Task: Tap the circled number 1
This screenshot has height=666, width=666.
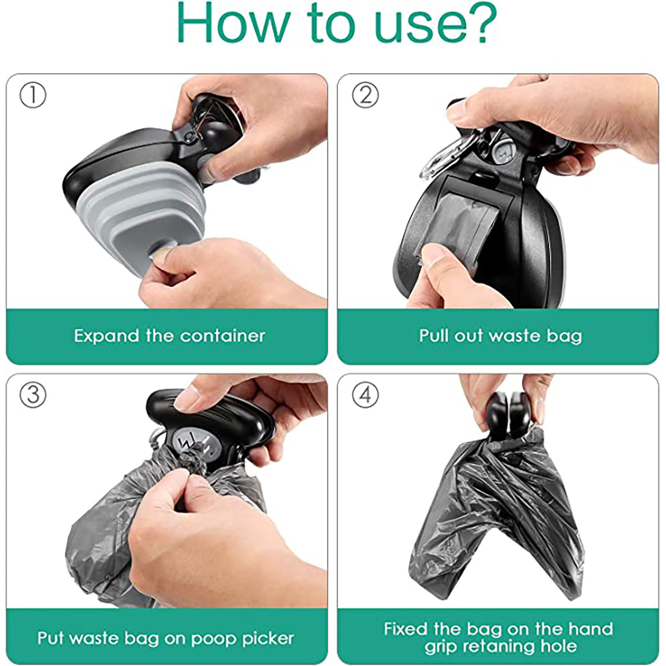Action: click(x=33, y=95)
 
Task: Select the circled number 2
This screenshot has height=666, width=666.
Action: click(x=365, y=95)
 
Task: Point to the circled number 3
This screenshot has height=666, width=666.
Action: click(x=33, y=395)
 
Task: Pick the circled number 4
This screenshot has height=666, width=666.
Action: click(x=365, y=395)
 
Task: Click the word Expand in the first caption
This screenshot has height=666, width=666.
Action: click(x=106, y=336)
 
